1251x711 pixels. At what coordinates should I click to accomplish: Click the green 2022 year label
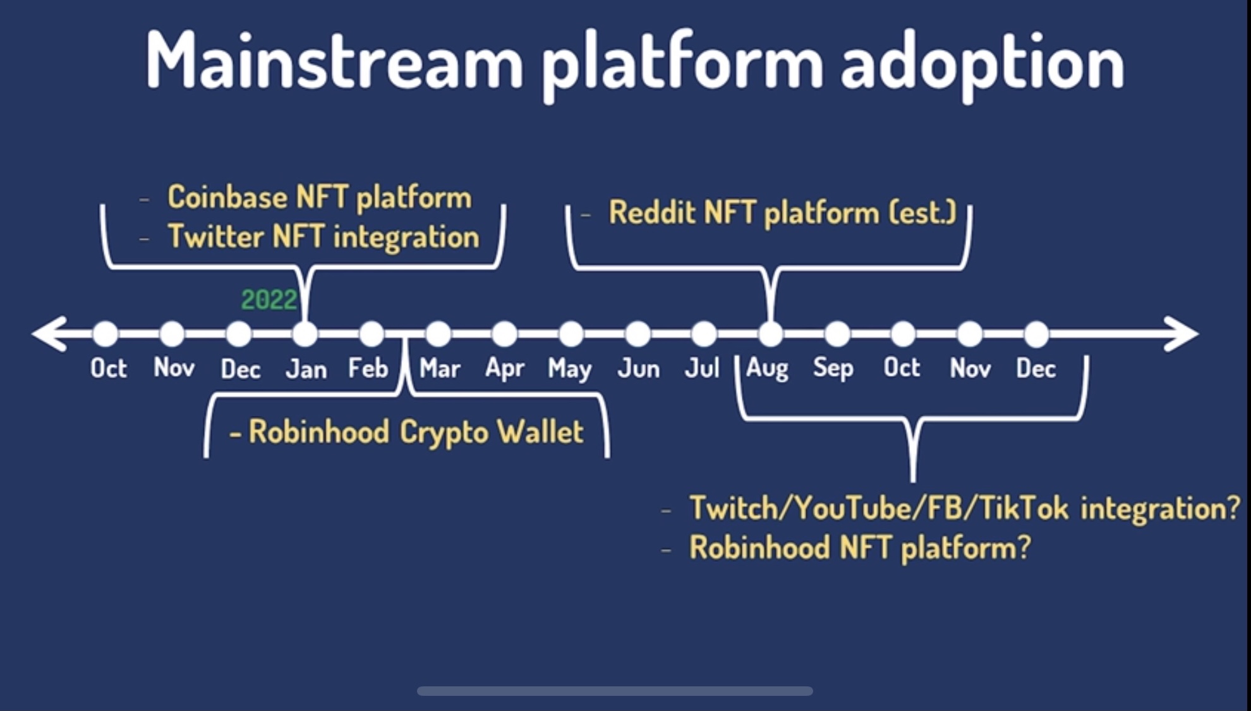269,300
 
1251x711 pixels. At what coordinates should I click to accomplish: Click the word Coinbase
227,197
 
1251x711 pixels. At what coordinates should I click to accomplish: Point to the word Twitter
215,236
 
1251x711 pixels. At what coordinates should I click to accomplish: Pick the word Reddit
651,212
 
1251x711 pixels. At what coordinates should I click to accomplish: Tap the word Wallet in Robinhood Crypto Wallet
540,432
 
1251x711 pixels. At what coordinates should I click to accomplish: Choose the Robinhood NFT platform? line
860,547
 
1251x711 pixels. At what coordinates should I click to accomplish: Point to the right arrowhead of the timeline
1181,334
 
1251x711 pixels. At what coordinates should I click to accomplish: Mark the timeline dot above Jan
305,334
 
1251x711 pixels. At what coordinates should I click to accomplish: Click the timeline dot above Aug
771,334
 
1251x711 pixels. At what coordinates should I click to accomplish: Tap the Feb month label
368,368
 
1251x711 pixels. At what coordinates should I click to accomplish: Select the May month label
570,369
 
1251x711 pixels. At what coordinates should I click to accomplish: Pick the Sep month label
833,368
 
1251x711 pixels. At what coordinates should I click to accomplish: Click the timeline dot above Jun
638,334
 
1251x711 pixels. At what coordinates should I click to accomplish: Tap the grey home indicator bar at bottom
615,691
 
